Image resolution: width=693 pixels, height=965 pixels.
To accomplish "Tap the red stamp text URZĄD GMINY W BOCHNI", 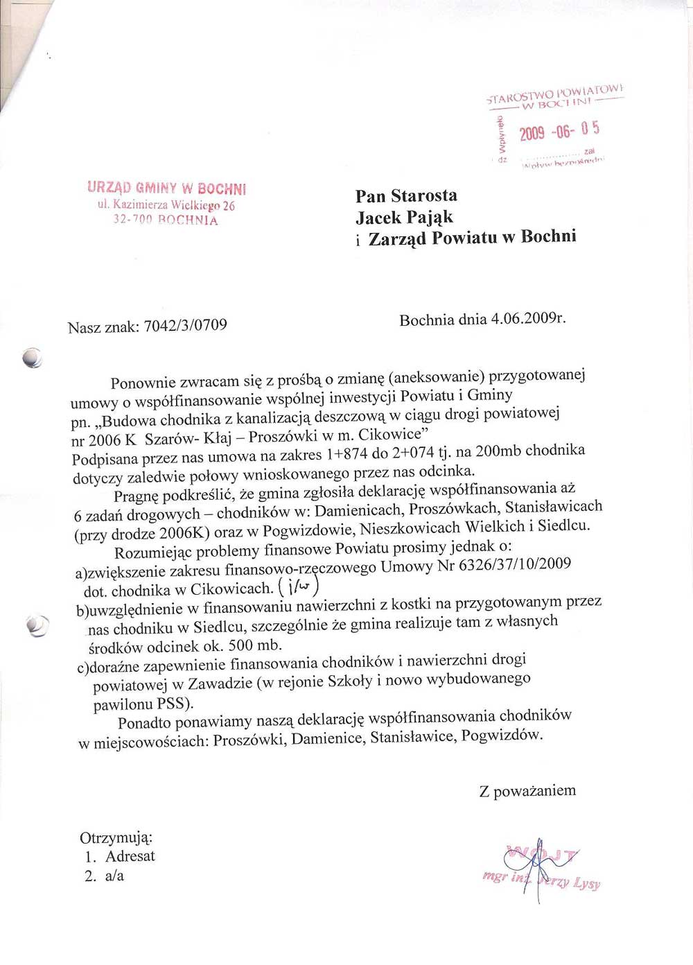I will [x=166, y=188].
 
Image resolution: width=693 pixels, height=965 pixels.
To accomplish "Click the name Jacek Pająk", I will [x=404, y=218].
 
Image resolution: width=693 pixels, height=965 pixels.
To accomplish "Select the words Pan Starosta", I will [x=406, y=196].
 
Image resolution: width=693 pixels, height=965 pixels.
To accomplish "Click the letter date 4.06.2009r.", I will [x=528, y=319].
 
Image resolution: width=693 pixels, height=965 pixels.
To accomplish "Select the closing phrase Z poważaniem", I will [x=527, y=791].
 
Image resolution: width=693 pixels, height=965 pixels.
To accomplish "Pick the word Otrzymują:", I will [x=116, y=837].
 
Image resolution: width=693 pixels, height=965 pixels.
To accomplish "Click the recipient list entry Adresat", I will [x=130, y=856].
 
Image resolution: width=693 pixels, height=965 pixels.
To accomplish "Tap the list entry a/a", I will [x=114, y=876].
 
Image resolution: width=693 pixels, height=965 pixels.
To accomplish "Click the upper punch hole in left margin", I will [x=32, y=357].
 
